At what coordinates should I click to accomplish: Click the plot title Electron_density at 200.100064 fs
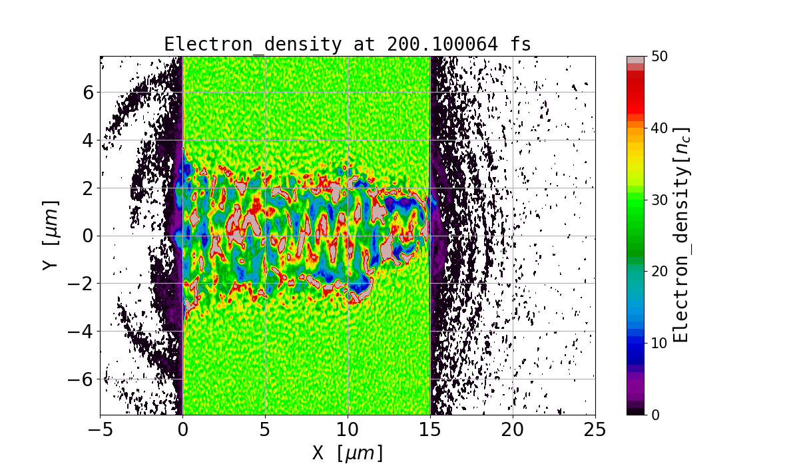click(348, 45)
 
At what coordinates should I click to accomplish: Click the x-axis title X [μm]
click(348, 453)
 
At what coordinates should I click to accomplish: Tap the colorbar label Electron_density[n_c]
click(680, 235)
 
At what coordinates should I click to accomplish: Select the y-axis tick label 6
click(87, 93)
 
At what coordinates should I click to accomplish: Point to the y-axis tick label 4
click(87, 140)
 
